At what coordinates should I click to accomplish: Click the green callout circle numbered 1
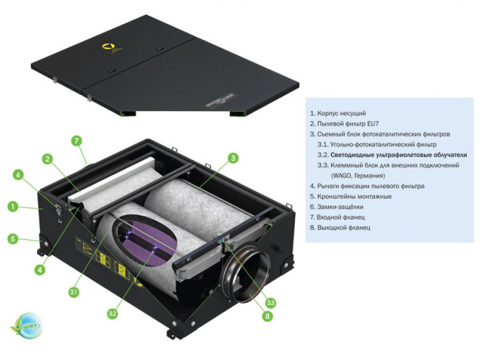[12, 205]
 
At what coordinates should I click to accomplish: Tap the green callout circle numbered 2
[47, 159]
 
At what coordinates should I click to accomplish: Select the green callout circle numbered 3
[233, 158]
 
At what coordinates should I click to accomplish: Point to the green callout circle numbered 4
[40, 269]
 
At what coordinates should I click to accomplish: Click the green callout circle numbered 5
[12, 239]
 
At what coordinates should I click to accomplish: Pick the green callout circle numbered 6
[19, 174]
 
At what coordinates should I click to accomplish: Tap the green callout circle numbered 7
[77, 141]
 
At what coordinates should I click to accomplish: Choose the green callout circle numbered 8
[267, 316]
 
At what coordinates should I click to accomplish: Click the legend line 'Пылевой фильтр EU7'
[345, 123]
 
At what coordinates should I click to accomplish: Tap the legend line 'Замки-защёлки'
[337, 206]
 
